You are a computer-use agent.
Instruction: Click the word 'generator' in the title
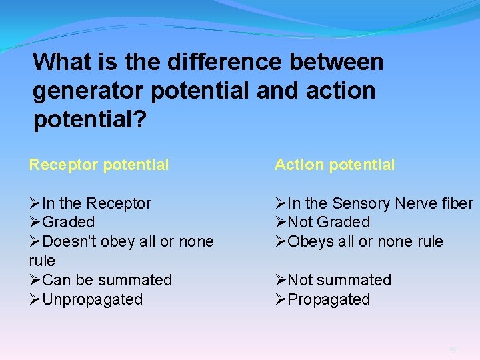coord(89,91)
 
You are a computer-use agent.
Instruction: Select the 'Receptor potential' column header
coord(99,165)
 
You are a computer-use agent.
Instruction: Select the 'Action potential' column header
coord(335,165)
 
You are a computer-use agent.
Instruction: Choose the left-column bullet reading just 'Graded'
coord(68,222)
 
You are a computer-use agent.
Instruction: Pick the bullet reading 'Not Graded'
coord(328,222)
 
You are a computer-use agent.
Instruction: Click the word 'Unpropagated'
coord(92,299)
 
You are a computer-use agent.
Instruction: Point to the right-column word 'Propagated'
coord(328,299)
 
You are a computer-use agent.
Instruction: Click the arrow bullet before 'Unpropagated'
coord(35,299)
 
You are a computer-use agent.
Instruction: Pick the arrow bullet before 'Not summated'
coord(281,280)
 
